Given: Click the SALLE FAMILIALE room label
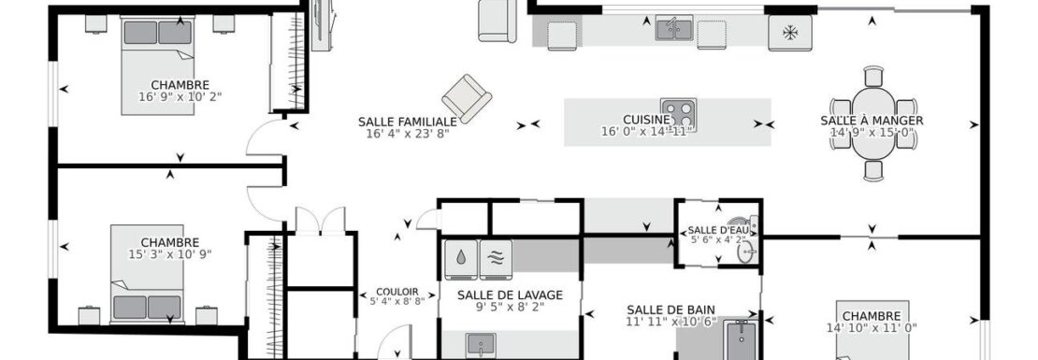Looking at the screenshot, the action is (x=407, y=122).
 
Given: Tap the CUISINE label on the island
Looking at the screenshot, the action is (x=646, y=119).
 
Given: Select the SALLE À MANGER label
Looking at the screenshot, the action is (x=872, y=121).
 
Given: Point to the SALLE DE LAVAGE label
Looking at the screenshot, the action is (x=510, y=295).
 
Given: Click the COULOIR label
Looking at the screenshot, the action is (x=397, y=291).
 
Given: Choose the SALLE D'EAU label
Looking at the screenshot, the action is (x=717, y=230).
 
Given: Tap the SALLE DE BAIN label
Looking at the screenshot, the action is (x=670, y=310).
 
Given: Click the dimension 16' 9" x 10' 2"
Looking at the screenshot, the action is (x=180, y=96).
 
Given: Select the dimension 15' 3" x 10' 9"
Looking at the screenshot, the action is (x=169, y=254).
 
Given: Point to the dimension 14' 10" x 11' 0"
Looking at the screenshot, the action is (x=872, y=327).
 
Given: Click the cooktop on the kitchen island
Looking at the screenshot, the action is (x=679, y=114).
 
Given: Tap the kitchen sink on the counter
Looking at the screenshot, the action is (x=674, y=28).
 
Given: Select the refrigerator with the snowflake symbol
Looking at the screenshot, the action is (x=790, y=33).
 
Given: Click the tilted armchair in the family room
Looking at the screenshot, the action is (x=467, y=98).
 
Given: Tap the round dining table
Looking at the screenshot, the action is (x=873, y=123).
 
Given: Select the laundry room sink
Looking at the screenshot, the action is (x=480, y=345).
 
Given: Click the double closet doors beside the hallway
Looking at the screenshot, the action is (x=321, y=221).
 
